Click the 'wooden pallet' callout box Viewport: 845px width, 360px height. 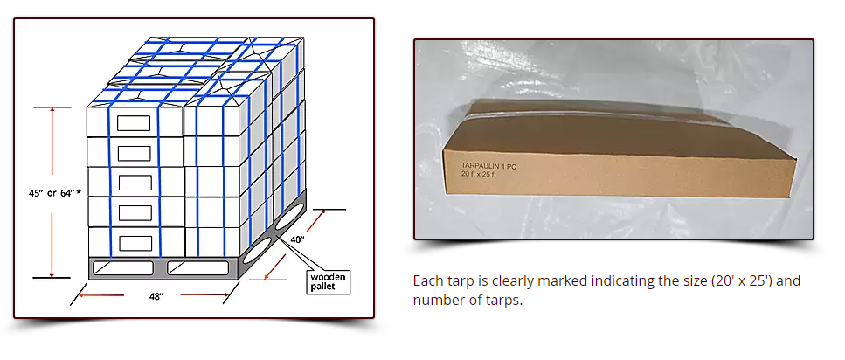click(x=329, y=281)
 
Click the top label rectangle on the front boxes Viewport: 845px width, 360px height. click(x=134, y=123)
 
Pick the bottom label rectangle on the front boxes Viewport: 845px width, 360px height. click(x=134, y=242)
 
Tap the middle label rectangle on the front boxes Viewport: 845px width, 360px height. click(x=134, y=183)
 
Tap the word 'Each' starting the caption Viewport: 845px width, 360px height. click(x=428, y=281)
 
